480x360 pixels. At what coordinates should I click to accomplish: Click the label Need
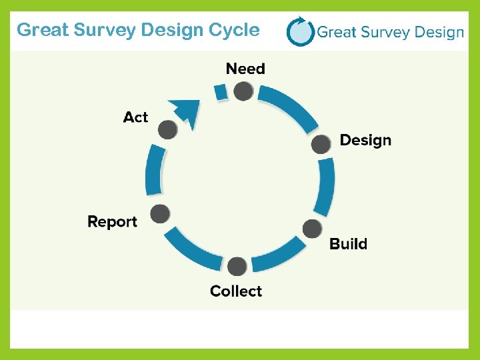point(245,69)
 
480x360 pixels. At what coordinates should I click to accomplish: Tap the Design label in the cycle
point(365,140)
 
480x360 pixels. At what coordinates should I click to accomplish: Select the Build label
point(348,244)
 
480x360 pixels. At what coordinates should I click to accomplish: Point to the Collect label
point(236,291)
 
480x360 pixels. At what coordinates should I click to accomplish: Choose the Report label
point(112,222)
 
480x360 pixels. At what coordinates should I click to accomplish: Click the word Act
point(135,117)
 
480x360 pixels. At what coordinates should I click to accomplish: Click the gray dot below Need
point(244,91)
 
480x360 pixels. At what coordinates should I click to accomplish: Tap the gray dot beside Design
point(321,144)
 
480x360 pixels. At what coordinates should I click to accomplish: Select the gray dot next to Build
point(312,229)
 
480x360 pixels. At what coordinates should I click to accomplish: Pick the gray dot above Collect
point(237,267)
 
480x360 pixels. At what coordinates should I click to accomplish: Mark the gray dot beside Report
point(160,214)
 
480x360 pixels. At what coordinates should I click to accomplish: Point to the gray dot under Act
point(168,129)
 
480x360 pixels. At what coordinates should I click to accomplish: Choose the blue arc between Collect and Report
point(193,249)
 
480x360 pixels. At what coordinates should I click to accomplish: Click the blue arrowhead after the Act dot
point(187,111)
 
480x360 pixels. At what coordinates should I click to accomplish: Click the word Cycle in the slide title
point(233,30)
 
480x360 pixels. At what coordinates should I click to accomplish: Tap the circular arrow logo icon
point(300,31)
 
